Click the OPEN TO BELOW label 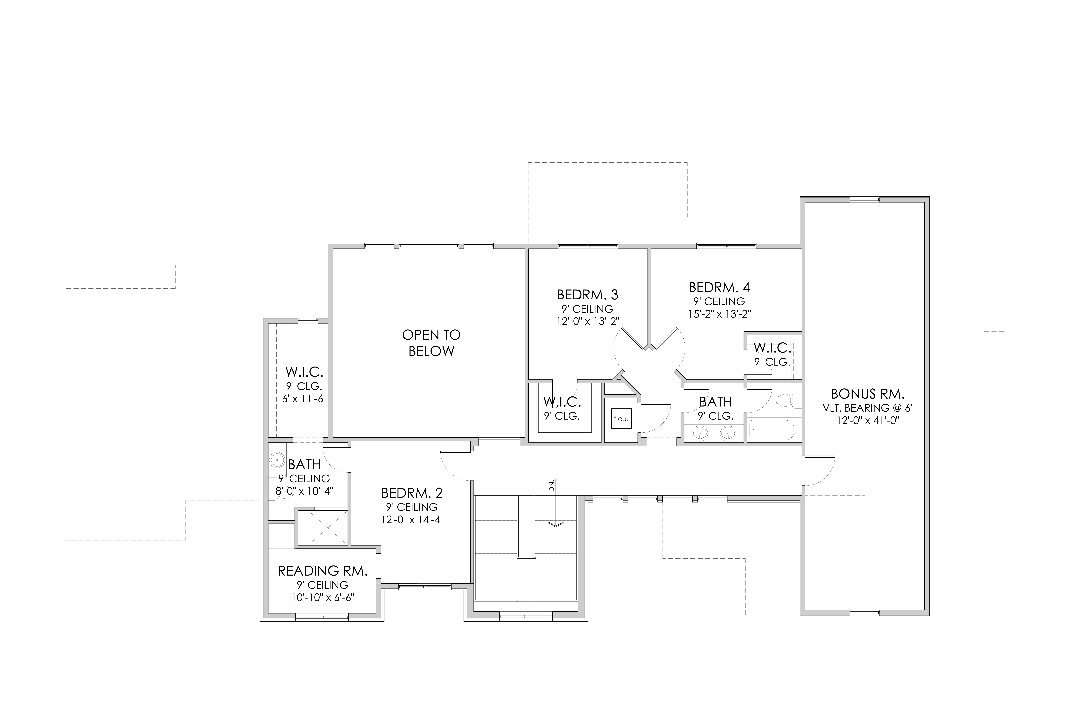(x=431, y=343)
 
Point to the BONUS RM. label (x=867, y=393)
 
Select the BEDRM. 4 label (x=720, y=287)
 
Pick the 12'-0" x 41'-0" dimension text (x=867, y=421)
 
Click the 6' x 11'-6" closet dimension (x=304, y=399)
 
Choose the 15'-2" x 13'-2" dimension (x=720, y=314)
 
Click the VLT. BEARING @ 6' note (x=867, y=408)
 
